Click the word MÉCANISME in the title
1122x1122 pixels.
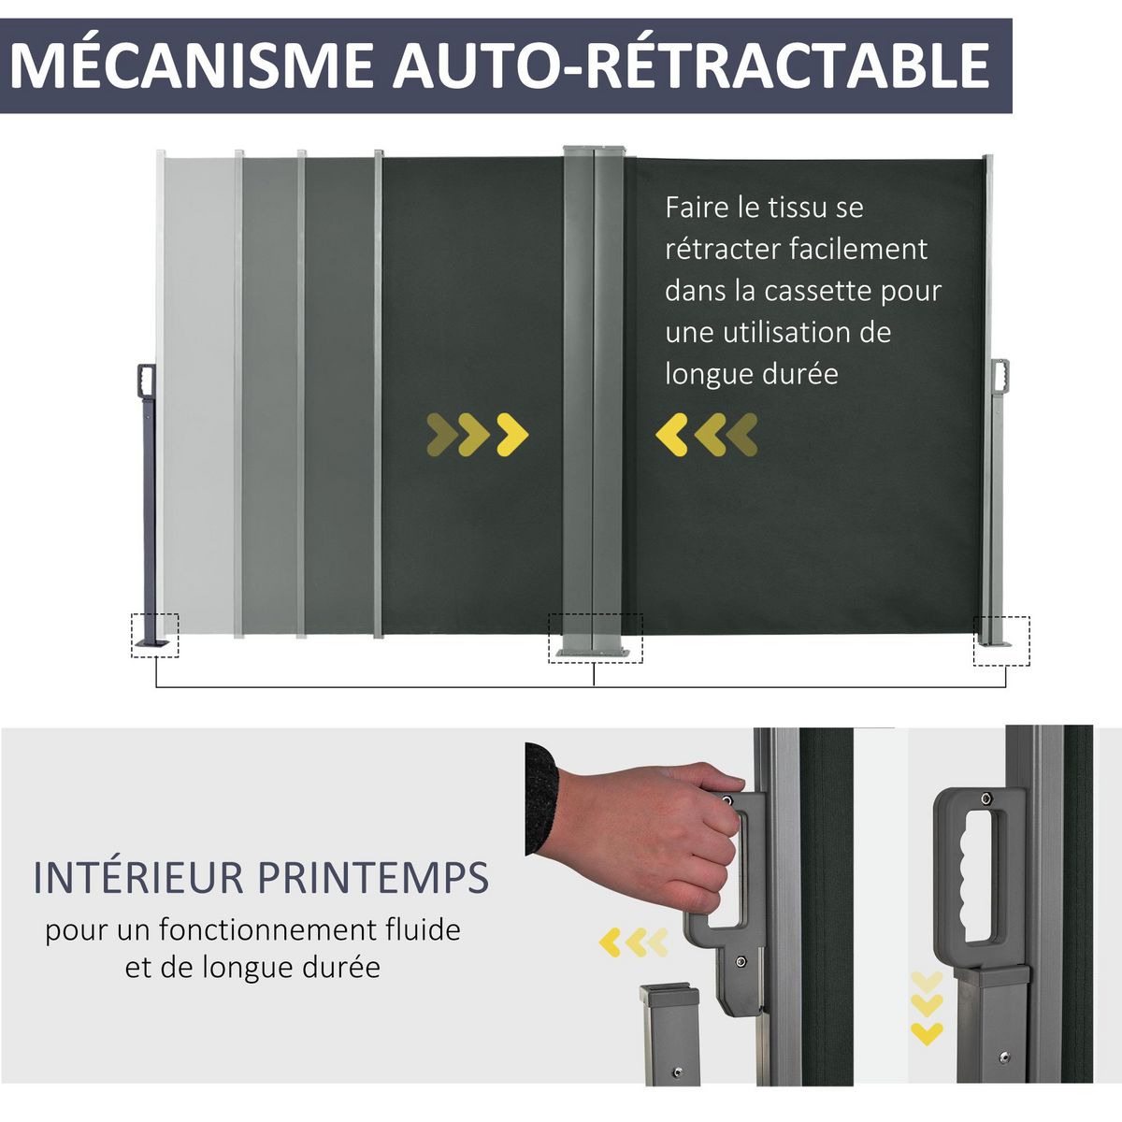tap(192, 65)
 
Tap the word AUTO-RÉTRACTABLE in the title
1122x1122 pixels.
tap(692, 65)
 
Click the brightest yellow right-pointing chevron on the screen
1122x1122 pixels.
tap(512, 434)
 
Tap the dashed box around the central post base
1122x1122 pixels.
tap(596, 639)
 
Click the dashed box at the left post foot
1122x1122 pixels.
tap(154, 635)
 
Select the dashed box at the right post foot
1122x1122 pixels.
tap(1001, 640)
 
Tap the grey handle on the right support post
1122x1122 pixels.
tap(1000, 374)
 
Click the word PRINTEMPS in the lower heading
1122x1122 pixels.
tap(373, 878)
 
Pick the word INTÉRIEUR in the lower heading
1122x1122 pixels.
tap(139, 878)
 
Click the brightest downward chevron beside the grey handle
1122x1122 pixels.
tap(927, 1033)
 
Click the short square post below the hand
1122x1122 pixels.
tap(669, 1033)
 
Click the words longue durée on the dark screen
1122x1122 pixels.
tap(752, 374)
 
